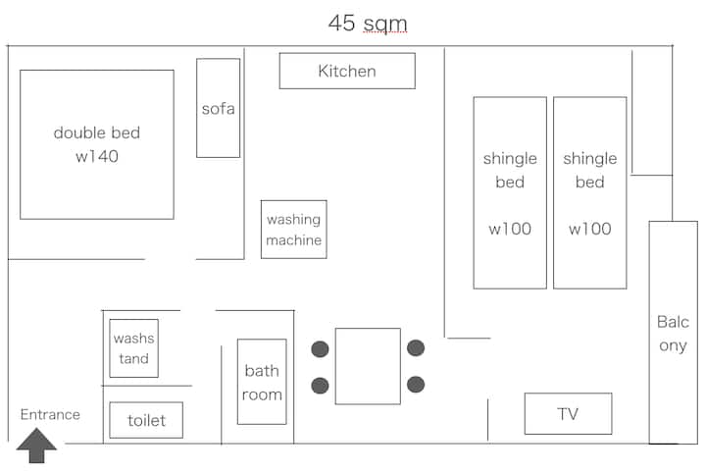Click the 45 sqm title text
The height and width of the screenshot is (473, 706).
click(368, 24)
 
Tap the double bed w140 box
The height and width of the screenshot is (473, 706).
click(97, 144)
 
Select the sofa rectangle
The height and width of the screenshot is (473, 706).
click(218, 108)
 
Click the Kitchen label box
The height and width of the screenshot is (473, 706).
click(347, 71)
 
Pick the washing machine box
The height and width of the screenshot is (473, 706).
click(293, 230)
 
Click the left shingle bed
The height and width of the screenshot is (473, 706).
click(510, 192)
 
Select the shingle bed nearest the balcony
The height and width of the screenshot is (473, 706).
click(589, 192)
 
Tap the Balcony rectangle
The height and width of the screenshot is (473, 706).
click(673, 333)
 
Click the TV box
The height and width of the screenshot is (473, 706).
click(568, 413)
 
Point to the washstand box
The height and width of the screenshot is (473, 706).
click(134, 348)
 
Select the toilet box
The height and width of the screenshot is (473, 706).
click(146, 420)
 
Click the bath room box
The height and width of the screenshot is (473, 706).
click(262, 382)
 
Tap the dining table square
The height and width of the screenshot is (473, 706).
click(368, 366)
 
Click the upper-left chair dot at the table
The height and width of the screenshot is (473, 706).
click(320, 349)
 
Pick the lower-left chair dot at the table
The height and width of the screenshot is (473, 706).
click(320, 385)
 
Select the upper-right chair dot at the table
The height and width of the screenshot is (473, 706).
click(416, 348)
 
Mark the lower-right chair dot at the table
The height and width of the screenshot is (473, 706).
click(416, 384)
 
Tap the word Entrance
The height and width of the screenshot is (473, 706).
click(50, 414)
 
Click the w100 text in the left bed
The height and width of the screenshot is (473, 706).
click(510, 230)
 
